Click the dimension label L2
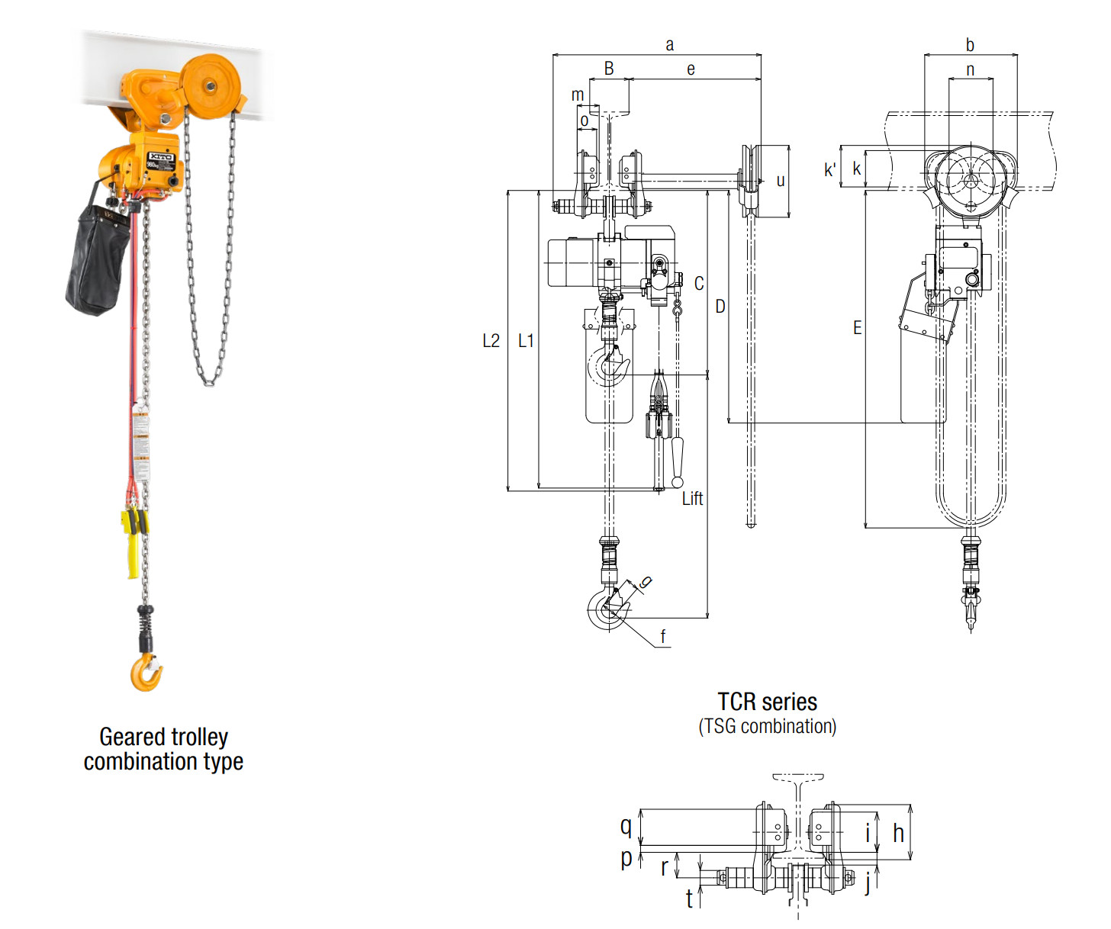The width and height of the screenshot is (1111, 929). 491,341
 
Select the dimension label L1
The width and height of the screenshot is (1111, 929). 526,341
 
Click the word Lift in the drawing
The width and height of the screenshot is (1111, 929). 692,498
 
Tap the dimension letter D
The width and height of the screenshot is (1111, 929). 720,307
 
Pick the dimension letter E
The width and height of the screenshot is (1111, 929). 857,327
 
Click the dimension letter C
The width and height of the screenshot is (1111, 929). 699,284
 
